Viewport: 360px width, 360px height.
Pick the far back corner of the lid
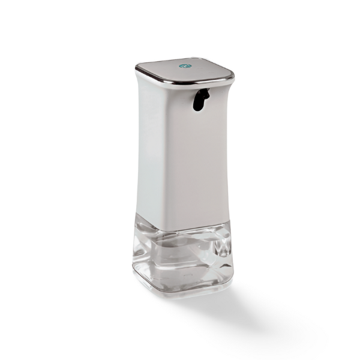point(204,58)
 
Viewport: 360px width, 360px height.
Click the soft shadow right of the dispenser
point(264,300)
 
